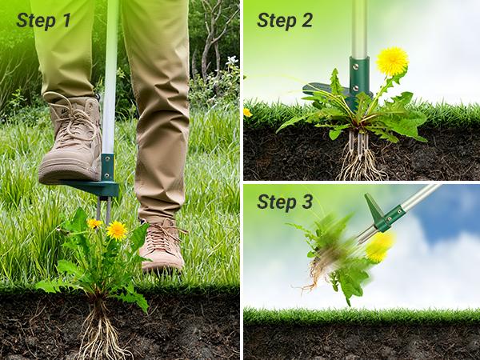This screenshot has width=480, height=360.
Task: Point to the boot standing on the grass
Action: coord(163,244)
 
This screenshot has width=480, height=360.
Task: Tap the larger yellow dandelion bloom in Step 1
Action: coord(117,230)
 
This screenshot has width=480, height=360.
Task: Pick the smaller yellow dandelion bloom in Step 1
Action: coord(94,224)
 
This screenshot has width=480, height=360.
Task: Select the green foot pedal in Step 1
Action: coord(97,188)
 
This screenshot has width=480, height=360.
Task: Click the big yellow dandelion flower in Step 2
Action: coord(392,61)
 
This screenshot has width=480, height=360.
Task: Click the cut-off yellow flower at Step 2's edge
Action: coord(247,113)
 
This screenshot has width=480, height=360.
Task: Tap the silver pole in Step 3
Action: coord(421,196)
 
